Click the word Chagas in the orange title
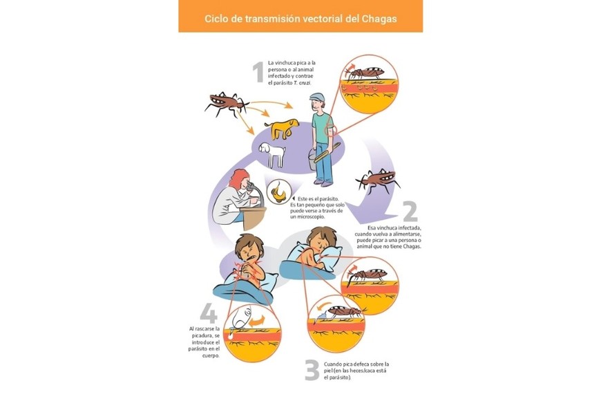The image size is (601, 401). (374, 19)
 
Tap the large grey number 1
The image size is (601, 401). (258, 73)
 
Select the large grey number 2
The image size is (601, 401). (410, 212)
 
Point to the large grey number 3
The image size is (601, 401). (312, 371)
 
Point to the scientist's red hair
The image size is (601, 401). (238, 181)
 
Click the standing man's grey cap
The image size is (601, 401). (318, 97)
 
